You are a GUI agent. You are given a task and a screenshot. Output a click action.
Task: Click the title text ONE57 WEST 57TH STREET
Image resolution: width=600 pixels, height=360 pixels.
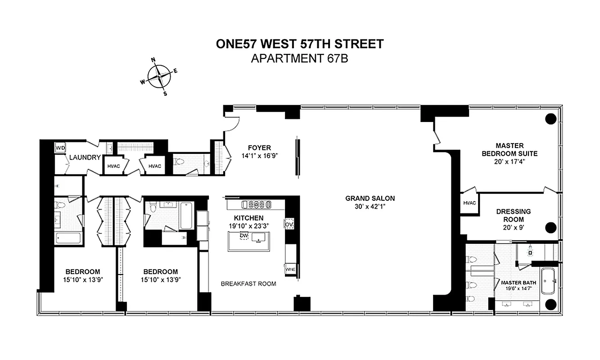click(300, 44)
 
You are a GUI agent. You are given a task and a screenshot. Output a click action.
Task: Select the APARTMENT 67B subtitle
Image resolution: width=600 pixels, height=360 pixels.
click(300, 58)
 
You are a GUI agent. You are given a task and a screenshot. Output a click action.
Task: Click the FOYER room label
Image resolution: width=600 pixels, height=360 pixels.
click(259, 148)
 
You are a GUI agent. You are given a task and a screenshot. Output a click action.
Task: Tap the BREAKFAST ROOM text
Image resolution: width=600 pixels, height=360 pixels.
click(248, 283)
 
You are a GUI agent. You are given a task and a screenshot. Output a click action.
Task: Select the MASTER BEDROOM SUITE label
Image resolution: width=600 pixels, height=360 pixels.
click(510, 149)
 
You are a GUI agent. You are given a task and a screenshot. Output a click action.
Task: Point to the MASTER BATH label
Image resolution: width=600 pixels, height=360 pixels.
click(519, 283)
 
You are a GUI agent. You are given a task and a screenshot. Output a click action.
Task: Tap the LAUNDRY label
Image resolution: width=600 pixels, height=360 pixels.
click(85, 157)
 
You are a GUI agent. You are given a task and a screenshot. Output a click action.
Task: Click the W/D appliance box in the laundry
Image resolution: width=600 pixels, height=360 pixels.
click(60, 148)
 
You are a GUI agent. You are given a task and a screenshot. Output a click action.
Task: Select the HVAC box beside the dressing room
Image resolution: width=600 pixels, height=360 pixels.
click(469, 203)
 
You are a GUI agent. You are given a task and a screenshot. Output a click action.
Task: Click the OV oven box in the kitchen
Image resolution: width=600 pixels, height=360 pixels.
click(289, 224)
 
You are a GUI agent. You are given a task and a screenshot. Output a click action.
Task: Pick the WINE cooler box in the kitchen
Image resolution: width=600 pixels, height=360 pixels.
click(290, 269)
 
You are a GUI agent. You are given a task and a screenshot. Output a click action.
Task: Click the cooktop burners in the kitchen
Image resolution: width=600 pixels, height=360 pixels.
click(257, 205)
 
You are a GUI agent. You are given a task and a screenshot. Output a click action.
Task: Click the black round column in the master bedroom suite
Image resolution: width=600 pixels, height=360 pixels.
click(550, 119)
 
